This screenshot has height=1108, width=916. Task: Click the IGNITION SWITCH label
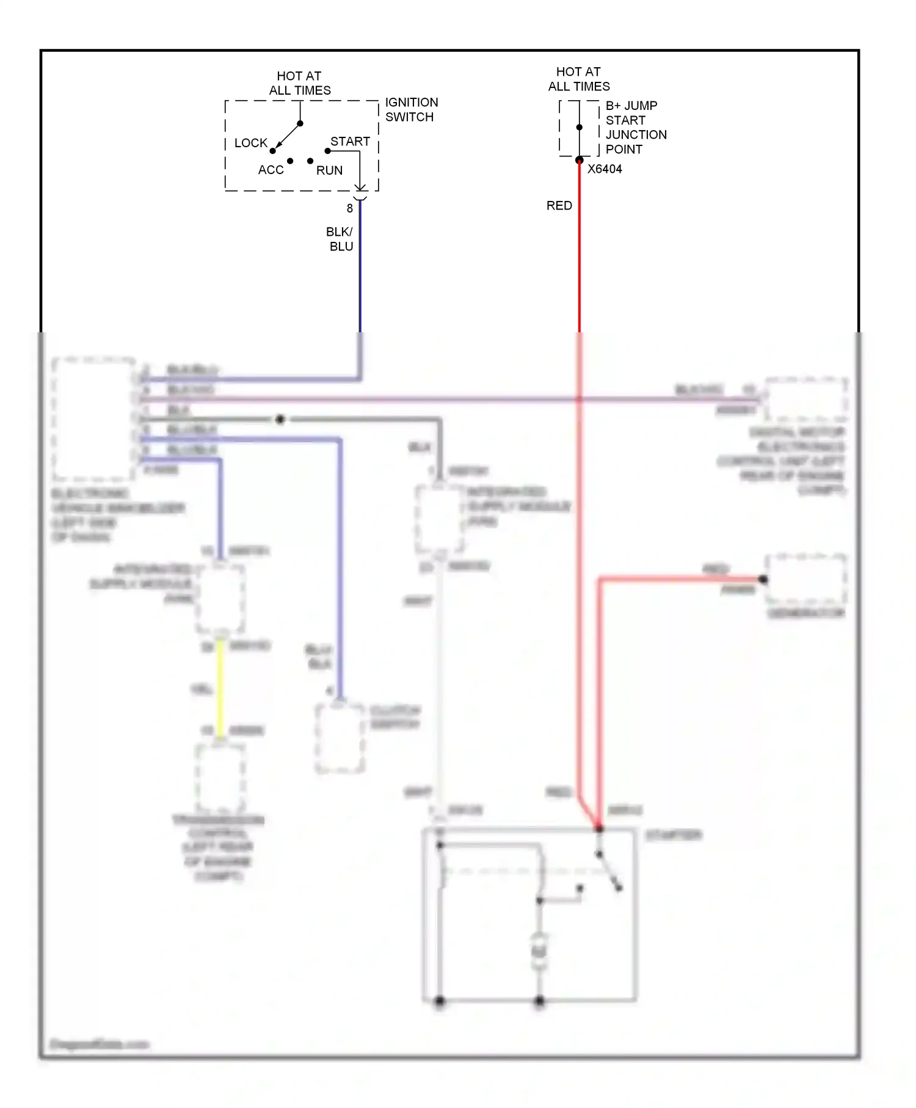tap(411, 109)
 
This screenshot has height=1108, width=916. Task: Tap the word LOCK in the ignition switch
tap(250, 143)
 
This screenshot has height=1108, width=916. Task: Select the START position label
tap(350, 141)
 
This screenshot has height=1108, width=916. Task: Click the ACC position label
tap(271, 170)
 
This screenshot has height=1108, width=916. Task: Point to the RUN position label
tap(329, 170)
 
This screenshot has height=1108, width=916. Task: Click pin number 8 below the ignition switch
tap(349, 208)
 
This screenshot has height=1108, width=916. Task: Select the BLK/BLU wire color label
tap(340, 239)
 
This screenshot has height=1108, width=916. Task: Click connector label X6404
tap(604, 169)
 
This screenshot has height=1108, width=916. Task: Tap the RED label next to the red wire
tap(559, 206)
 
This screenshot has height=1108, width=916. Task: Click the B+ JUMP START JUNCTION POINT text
tap(635, 127)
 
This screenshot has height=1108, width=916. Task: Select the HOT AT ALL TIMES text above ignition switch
tap(299, 83)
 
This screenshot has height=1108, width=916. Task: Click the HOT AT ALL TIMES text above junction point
tap(578, 79)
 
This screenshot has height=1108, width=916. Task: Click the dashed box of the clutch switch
tap(340, 738)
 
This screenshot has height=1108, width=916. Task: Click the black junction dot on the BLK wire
tap(280, 420)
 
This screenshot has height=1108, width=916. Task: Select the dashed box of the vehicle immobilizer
tap(93, 418)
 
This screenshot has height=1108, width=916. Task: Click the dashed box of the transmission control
tap(220, 778)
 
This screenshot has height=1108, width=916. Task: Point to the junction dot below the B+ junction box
tap(579, 160)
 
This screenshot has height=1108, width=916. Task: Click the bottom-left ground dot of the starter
tap(439, 1000)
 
